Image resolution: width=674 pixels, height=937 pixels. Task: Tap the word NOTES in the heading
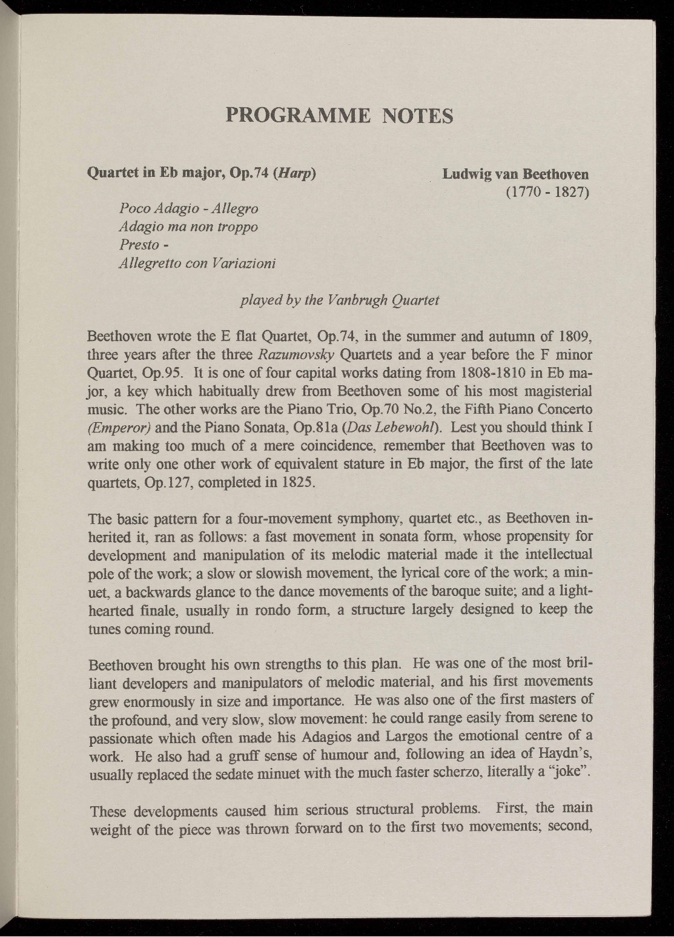click(418, 115)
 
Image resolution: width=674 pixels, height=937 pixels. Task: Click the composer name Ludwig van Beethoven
click(515, 174)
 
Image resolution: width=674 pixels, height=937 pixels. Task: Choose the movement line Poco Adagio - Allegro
click(189, 208)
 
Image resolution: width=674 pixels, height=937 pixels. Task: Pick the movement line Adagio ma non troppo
click(188, 227)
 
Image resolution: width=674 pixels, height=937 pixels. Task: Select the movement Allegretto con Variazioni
click(197, 263)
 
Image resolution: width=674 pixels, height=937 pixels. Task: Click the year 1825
click(297, 483)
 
